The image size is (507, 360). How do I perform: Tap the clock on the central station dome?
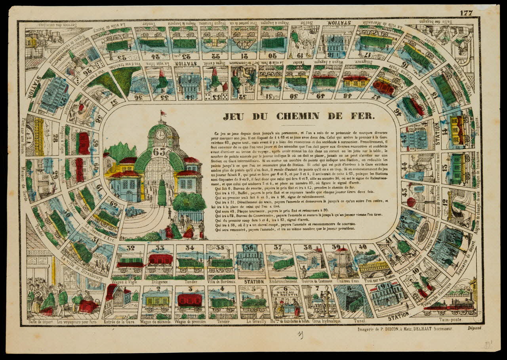click(160, 135)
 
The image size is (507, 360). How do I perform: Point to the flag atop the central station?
click(162, 113)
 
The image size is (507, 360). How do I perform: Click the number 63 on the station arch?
click(160, 152)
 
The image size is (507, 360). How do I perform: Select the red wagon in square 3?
click(189, 300)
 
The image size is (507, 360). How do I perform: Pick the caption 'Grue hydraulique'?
click(328, 321)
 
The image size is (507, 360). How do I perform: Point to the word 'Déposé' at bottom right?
click(474, 328)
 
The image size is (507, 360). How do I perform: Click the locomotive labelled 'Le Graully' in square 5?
click(254, 303)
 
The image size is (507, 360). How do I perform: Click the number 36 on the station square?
click(250, 249)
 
